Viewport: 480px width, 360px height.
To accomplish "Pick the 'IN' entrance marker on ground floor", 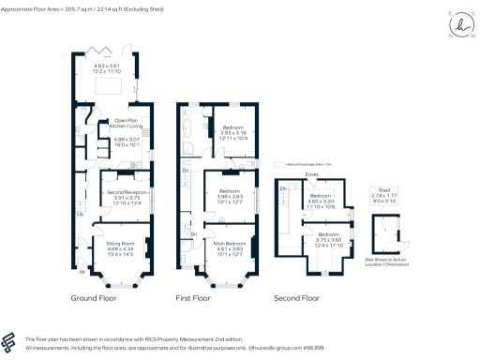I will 82,273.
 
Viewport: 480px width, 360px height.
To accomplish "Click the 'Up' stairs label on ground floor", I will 79,214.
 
